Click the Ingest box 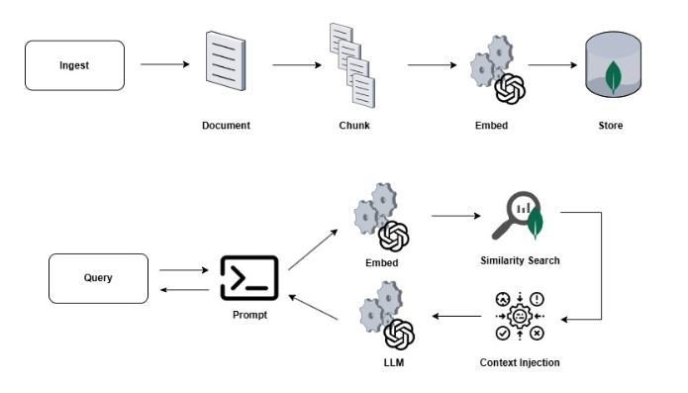point(74,65)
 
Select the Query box point(98,278)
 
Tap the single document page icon point(226,61)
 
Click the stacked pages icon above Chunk point(352,65)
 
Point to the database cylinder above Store point(613,65)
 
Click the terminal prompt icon point(249,277)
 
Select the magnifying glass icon point(518,216)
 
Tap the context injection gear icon point(520,316)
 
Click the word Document point(226,126)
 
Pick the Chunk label point(354,126)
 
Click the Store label point(611,126)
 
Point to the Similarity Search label point(520,260)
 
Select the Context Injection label point(520,362)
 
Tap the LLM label point(394,362)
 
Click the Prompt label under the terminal point(249,315)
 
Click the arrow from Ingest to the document point(165,64)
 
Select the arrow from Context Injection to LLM point(456,316)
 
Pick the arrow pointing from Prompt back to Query point(184,290)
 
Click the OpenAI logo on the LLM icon point(399,335)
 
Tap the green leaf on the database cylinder point(613,77)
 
